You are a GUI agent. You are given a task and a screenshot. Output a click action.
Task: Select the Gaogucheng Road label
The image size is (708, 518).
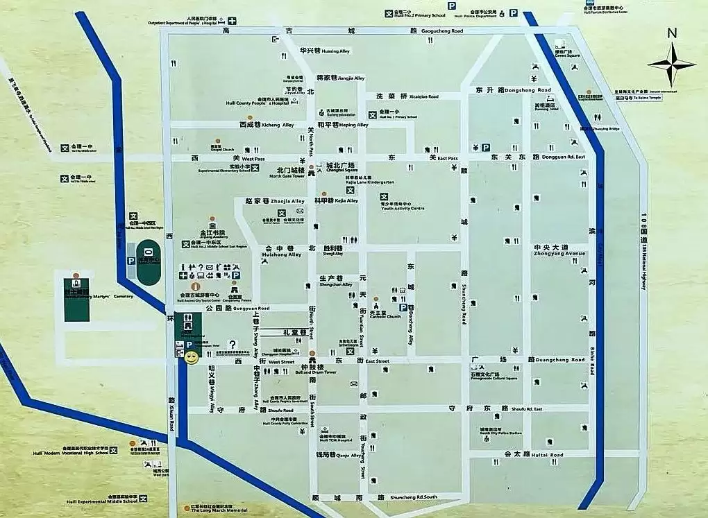tap(442, 32)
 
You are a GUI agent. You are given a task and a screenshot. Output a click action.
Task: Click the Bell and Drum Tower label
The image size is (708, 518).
tap(316, 372)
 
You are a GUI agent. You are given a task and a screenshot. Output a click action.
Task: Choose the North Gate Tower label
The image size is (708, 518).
tap(287, 176)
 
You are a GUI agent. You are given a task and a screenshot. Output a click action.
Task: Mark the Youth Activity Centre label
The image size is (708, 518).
tap(403, 208)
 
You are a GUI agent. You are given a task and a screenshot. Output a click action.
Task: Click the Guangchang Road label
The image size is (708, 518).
tap(566, 361)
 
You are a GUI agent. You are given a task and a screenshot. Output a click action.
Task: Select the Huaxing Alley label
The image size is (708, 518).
tap(335, 51)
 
